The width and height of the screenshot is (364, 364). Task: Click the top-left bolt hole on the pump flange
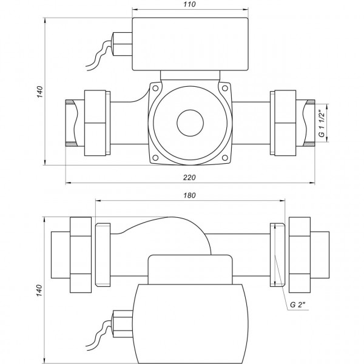click(156, 89)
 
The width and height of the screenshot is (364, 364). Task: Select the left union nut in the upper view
click(96, 122)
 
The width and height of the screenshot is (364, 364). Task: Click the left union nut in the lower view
click(81, 254)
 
